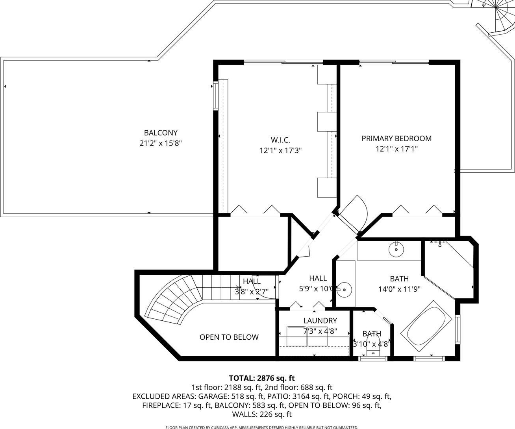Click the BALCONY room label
coord(161,133)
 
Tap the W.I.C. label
coord(280,140)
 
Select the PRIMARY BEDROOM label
coord(396,139)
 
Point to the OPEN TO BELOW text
coord(229,337)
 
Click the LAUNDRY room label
coord(320,320)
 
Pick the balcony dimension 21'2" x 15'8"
coord(161,143)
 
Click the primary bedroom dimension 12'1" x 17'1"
coord(396,149)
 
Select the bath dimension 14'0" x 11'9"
coord(399,289)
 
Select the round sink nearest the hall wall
coord(344,290)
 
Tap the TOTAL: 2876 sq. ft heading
coord(262,378)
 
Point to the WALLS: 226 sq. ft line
coord(262,414)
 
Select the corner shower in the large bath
coord(448,270)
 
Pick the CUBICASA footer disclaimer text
coord(262,427)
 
